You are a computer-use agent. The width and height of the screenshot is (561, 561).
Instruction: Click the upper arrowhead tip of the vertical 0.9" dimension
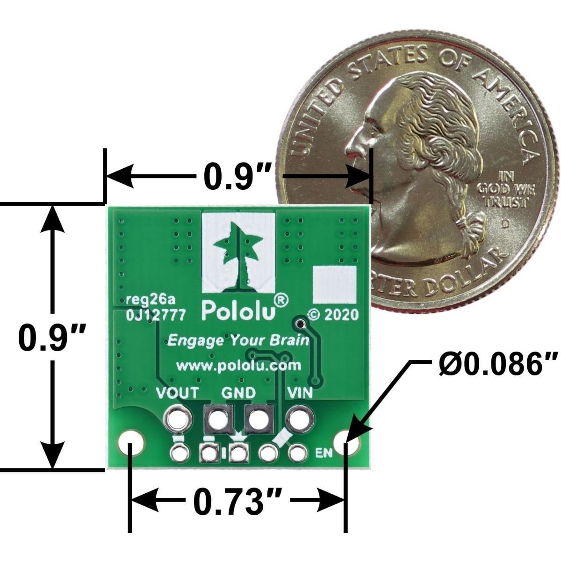tap(52, 206)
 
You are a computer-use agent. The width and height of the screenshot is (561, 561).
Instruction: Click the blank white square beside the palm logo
tap(335, 285)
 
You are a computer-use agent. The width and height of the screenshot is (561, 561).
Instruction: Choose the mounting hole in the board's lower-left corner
tap(131, 444)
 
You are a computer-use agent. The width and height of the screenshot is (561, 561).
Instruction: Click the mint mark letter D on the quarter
tap(506, 223)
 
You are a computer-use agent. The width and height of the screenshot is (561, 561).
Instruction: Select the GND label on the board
tap(238, 393)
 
